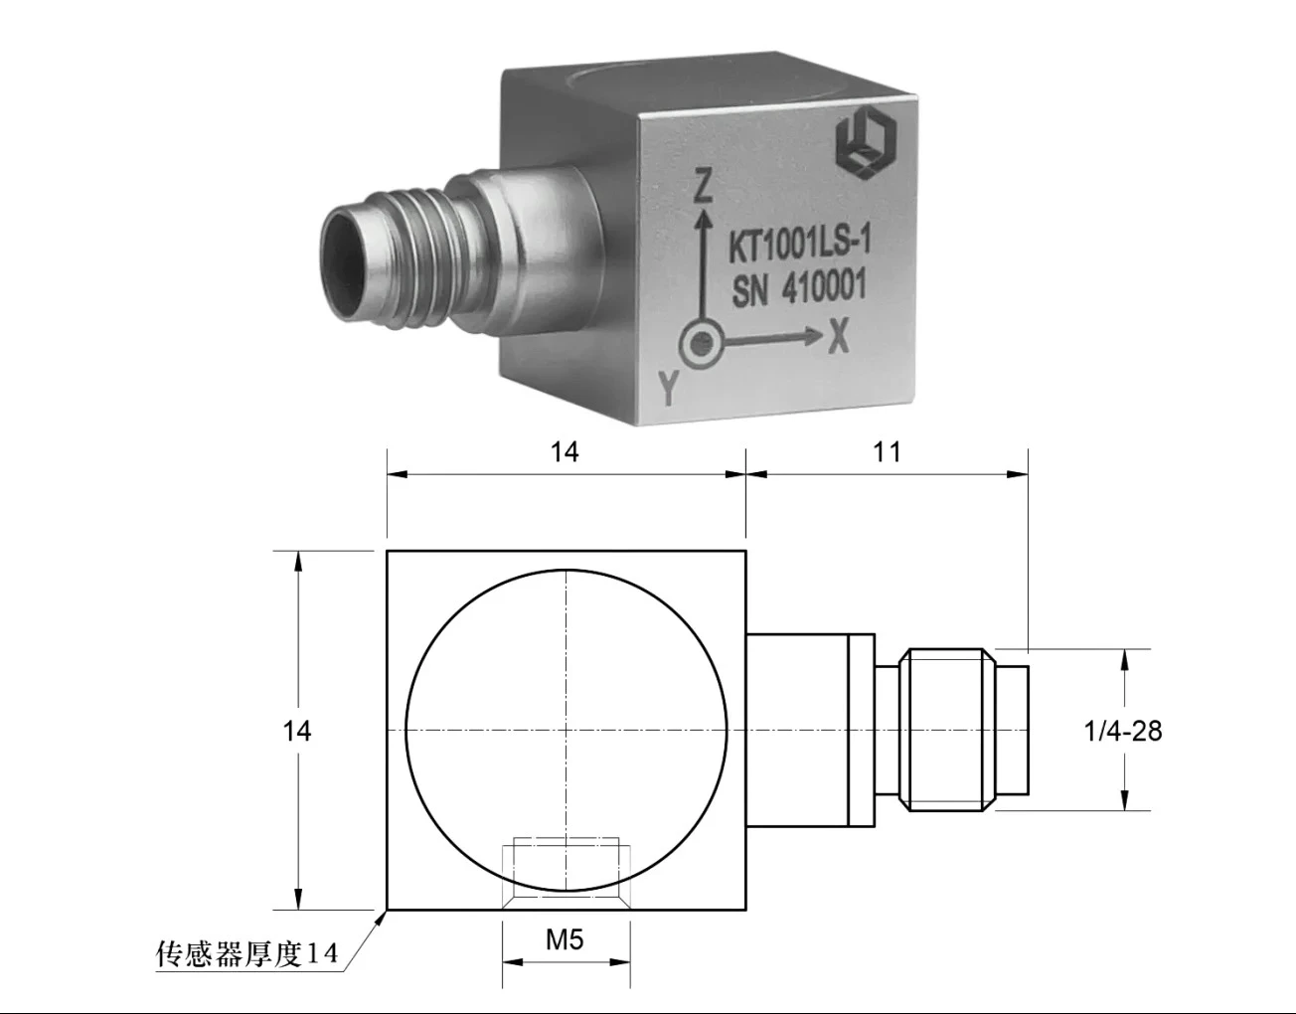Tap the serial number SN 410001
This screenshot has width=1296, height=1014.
[x=799, y=289]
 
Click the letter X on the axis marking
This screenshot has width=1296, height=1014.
[x=838, y=340]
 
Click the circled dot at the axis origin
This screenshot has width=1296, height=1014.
[x=702, y=345]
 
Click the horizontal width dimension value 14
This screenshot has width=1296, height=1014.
[x=565, y=451]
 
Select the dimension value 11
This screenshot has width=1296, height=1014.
[x=887, y=451]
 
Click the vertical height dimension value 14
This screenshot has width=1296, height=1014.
[x=296, y=731]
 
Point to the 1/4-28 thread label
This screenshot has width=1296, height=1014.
[x=1123, y=731]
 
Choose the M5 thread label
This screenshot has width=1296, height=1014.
[x=565, y=939]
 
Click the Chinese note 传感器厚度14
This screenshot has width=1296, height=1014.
[x=247, y=955]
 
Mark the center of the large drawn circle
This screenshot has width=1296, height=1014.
[x=566, y=730]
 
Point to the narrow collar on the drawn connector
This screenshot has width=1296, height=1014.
[x=861, y=730]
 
